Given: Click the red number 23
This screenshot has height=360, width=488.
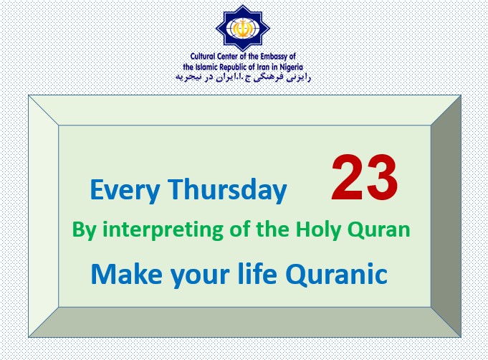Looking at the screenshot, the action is tap(365, 178).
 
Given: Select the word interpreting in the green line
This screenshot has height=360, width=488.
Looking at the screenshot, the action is tap(163, 230).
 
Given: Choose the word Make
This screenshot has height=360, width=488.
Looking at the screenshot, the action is tap(126, 274).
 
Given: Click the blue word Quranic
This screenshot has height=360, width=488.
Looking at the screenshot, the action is tap(336, 274).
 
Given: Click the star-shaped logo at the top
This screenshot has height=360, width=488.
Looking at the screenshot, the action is tap(243, 29).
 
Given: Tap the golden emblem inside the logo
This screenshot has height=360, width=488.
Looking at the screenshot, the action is tap(242, 29).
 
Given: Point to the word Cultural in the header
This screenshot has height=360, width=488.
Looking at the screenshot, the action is tap(203, 57).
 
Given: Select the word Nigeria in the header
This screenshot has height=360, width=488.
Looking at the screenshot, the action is tap(291, 67).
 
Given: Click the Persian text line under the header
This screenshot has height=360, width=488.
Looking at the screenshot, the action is tap(243, 77).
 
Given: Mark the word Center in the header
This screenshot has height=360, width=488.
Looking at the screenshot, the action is tap(228, 57).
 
